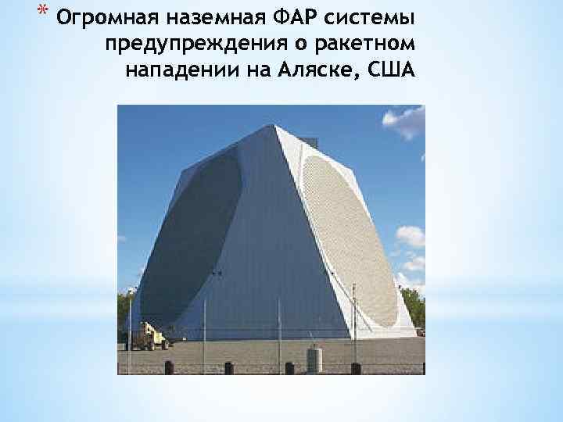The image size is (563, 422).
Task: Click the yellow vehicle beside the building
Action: coord(150,337)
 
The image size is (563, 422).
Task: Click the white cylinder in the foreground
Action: coord(314,359)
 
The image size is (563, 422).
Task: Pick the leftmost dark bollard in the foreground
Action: coord(168,367)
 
